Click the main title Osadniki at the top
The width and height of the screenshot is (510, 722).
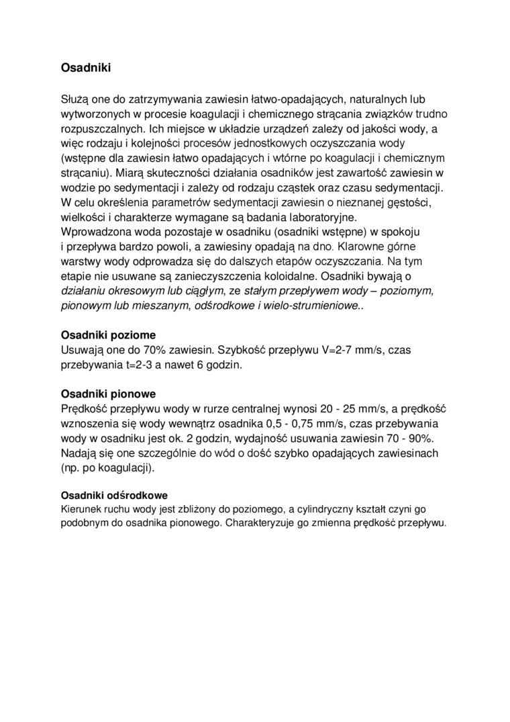point(86,68)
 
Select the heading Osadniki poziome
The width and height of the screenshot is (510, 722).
point(108,334)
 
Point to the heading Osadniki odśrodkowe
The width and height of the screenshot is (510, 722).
point(114,495)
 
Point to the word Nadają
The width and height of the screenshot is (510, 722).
point(79,453)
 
